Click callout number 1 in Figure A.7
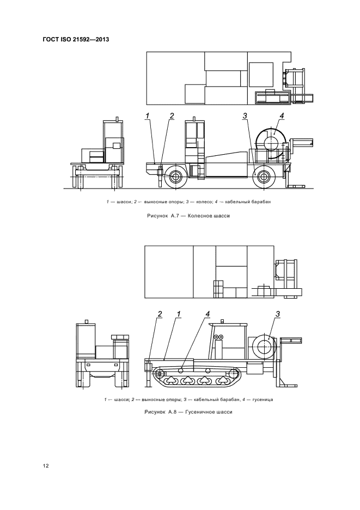click(148, 116)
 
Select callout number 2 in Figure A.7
click(172, 116)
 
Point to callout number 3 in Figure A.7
click(245, 116)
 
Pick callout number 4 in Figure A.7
click(282, 116)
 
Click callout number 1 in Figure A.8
click(178, 313)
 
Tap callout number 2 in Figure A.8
click(160, 313)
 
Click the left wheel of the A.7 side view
click(175, 177)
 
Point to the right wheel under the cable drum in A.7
click(263, 177)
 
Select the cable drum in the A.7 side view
click(272, 143)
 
